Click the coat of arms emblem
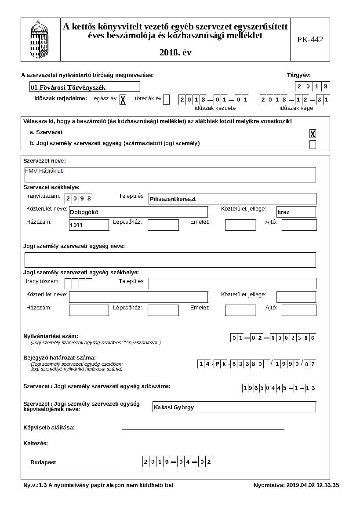coord(40,40)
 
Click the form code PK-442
coord(310,40)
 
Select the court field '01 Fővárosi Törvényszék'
coord(84,87)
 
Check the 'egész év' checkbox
coord(123,100)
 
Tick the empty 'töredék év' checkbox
coord(166,100)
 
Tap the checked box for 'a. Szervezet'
coord(313,134)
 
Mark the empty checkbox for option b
coord(313,145)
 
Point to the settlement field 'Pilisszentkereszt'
coord(233,199)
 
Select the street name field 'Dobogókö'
coord(138,212)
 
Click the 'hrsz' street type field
coord(296,212)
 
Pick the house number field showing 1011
coord(89,225)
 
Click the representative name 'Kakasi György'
coord(234,407)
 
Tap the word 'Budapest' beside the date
coord(43,462)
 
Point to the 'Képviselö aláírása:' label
coord(49,427)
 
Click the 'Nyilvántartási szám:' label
coord(51,336)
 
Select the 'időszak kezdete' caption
coord(215,108)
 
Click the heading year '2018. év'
coord(175,53)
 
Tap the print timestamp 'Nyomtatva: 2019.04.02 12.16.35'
coord(296,485)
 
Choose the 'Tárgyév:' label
coord(298,75)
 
